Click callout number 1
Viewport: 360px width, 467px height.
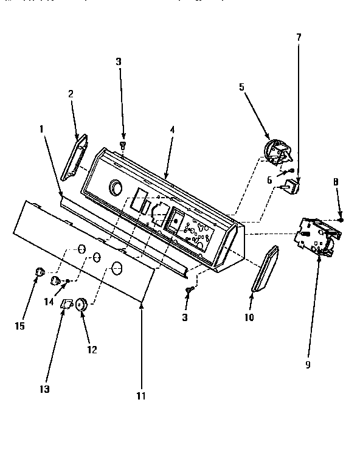(41, 130)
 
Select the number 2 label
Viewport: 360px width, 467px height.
(71, 94)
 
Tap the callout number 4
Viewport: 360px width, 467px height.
(172, 130)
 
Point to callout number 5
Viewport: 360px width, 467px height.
(241, 87)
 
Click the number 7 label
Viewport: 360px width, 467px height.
(298, 38)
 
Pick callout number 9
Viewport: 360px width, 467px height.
(308, 365)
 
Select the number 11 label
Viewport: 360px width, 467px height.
(142, 396)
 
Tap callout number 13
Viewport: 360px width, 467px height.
(45, 389)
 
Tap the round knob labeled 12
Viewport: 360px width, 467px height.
(81, 304)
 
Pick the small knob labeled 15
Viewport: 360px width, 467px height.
(40, 272)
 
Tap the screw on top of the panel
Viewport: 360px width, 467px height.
(123, 145)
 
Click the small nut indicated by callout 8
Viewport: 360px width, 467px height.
(341, 220)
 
